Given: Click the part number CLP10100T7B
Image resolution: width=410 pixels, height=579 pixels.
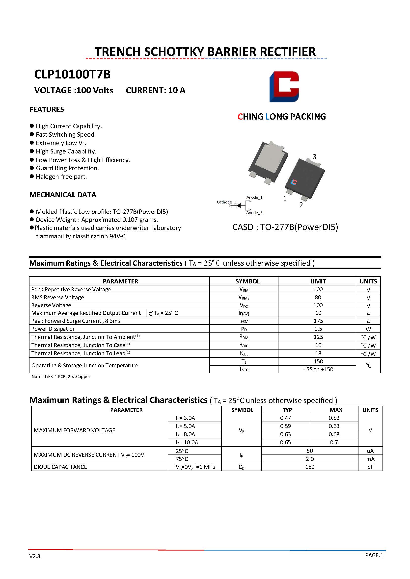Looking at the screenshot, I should point(72,75).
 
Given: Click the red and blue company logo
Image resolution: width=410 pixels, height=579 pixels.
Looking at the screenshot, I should point(284,87).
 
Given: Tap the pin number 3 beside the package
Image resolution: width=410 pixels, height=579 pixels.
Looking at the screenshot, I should point(314,157).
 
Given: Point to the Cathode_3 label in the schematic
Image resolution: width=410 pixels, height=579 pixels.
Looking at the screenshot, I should point(226,202).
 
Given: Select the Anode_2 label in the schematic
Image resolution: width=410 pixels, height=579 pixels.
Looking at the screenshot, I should point(254,213).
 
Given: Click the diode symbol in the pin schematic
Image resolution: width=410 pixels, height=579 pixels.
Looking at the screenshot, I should point(239,206).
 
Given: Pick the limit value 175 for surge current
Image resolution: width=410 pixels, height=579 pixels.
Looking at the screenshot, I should point(318,321).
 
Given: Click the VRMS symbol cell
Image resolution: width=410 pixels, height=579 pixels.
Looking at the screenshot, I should point(244,298).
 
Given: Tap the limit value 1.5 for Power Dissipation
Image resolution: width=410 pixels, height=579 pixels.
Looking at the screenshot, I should point(318,329).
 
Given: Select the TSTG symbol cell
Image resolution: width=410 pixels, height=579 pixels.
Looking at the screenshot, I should point(244,369).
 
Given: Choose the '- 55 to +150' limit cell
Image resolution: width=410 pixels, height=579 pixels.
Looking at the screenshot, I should point(318,369).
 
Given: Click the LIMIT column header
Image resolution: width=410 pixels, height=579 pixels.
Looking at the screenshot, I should point(318,281).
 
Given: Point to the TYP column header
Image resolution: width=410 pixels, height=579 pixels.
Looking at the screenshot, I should point(287,410).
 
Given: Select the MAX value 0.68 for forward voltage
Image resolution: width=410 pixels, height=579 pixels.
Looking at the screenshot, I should point(334,434).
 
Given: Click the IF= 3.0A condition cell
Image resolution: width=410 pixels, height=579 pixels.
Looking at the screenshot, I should point(185,418).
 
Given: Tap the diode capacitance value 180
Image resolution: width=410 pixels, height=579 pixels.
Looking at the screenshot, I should point(309,467).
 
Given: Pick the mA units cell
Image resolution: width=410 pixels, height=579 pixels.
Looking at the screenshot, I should point(370,459).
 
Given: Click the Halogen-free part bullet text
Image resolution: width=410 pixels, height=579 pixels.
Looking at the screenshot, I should point(61,176).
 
